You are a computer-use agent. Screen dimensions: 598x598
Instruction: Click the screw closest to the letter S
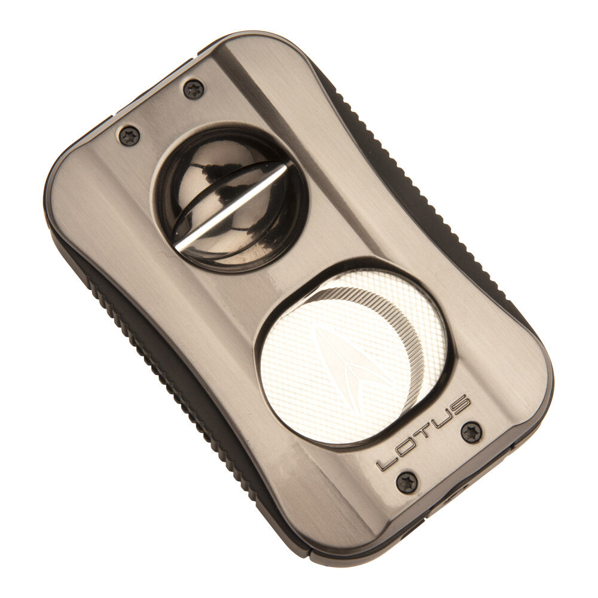click(x=472, y=431)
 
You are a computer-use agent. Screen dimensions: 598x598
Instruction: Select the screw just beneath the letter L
click(x=407, y=482)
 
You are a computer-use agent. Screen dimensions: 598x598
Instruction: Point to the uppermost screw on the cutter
click(x=193, y=89)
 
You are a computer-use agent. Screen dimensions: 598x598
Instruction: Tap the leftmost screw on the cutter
click(x=129, y=136)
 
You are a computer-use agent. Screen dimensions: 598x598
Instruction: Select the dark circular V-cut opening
click(x=230, y=197)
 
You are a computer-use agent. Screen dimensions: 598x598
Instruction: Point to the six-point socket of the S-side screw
click(x=472, y=431)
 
